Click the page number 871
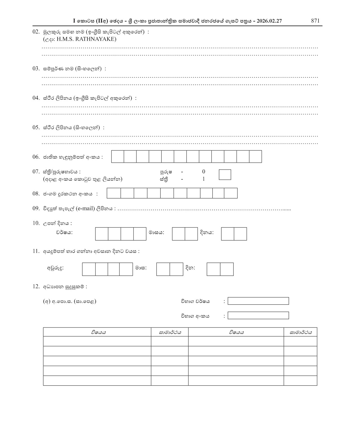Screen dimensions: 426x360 point(315,21)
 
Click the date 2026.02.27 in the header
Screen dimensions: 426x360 point(269,21)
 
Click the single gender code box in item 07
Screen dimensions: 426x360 point(225,175)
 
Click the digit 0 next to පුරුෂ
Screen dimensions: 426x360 point(204,172)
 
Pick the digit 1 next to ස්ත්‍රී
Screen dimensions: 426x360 point(204,179)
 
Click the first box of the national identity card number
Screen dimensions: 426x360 point(118,157)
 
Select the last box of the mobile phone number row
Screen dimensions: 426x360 point(231,193)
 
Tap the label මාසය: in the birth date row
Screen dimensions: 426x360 point(156,233)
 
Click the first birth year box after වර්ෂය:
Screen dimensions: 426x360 point(102,234)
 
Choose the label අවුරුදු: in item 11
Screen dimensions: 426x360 point(55,268)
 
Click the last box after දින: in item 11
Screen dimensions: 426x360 point(227,269)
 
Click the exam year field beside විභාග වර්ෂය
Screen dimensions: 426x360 point(258,301)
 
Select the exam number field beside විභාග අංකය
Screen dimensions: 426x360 point(258,316)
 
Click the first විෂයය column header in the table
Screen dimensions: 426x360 point(98,332)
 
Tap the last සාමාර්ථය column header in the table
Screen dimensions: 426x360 point(300,332)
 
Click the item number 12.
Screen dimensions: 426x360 point(36,287)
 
